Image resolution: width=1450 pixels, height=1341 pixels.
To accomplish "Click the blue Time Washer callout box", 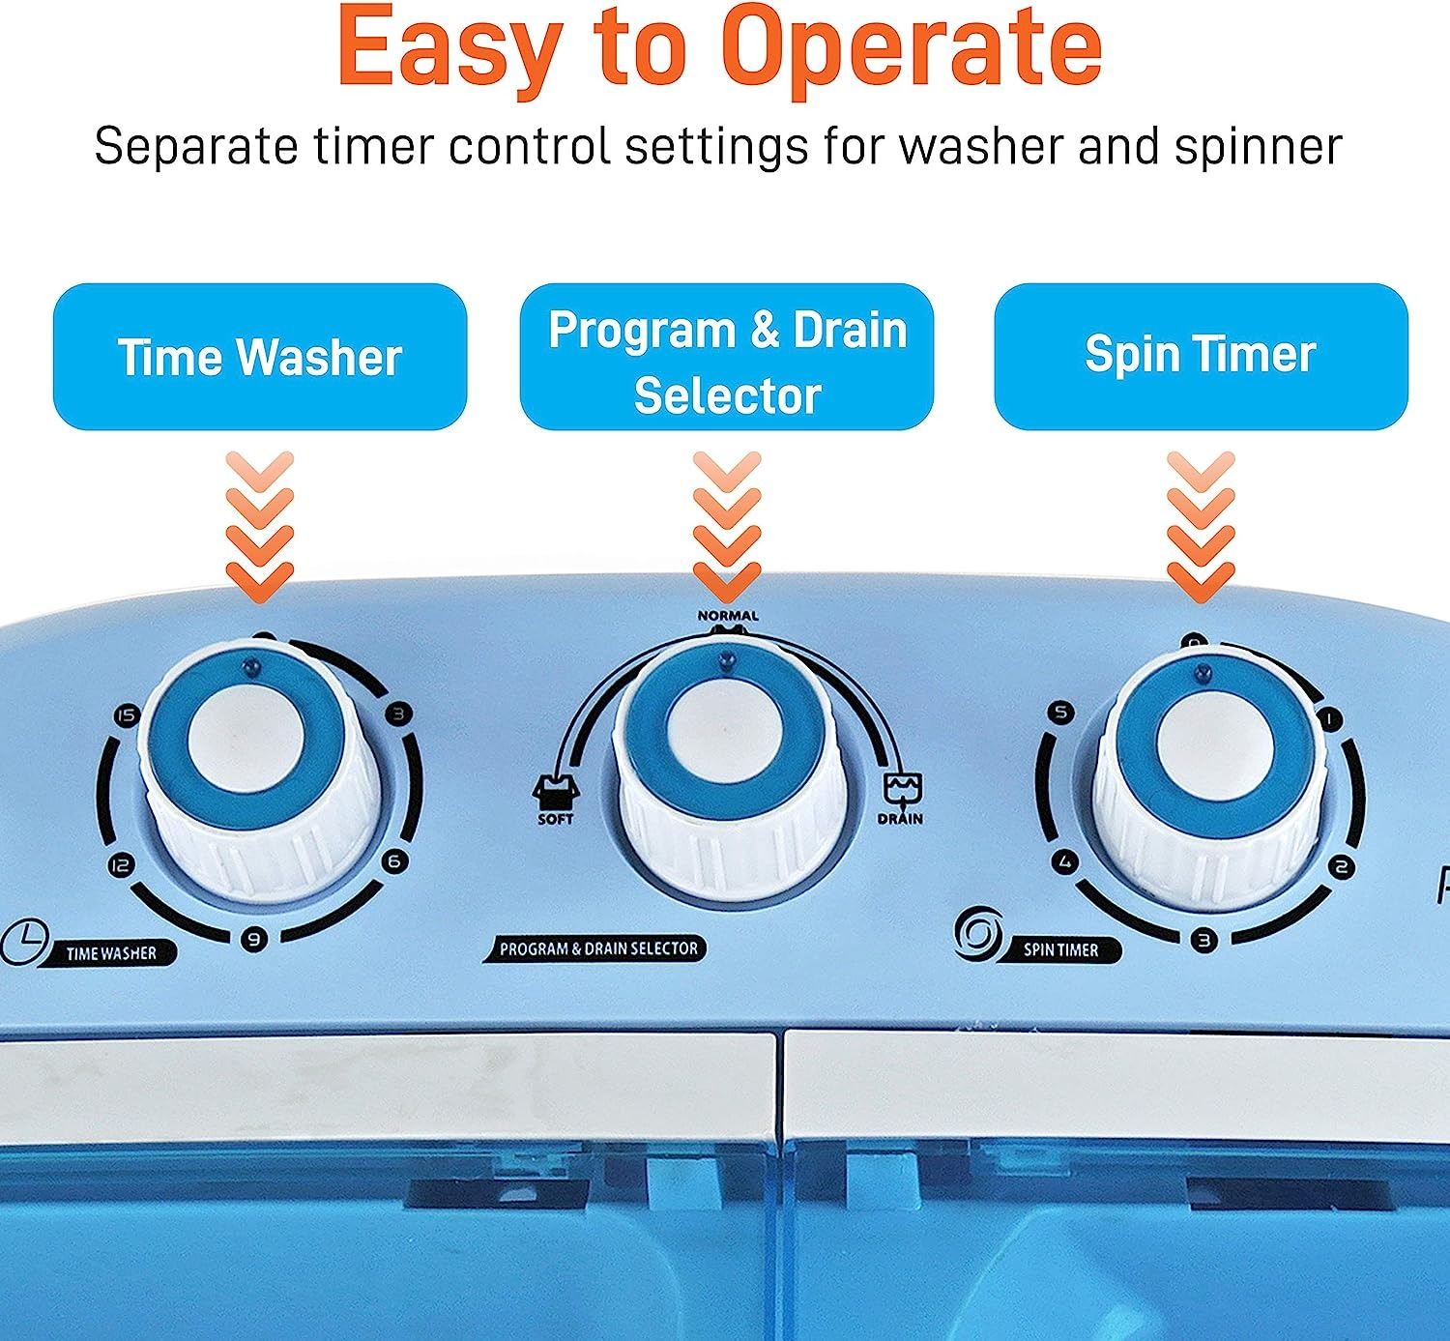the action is [x=260, y=357].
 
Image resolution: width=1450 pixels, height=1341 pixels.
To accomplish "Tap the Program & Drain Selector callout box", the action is [x=727, y=357].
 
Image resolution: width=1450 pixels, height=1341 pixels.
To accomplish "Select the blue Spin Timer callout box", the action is [x=1201, y=357].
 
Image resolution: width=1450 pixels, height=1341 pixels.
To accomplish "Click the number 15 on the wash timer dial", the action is [x=127, y=715].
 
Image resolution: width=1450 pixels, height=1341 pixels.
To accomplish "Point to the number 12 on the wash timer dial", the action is [x=121, y=865].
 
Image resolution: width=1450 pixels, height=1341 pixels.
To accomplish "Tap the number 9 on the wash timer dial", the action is [x=254, y=940].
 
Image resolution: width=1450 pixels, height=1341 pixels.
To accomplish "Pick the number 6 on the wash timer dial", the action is [x=394, y=861].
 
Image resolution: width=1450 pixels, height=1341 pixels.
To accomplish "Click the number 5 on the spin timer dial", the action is [x=1061, y=713].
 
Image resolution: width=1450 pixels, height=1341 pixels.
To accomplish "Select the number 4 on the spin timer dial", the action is [x=1065, y=862].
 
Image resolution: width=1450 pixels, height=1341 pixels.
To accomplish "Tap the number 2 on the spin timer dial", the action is [x=1341, y=867].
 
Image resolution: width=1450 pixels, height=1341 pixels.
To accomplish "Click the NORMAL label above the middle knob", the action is [x=728, y=616].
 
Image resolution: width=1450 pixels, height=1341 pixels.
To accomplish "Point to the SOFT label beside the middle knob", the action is [x=556, y=820].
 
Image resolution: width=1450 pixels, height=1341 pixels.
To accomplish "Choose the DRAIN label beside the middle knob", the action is [x=900, y=820].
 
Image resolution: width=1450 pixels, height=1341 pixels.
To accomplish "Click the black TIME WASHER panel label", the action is [x=112, y=953].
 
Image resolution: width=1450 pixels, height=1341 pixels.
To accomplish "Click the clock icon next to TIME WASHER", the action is [x=25, y=943].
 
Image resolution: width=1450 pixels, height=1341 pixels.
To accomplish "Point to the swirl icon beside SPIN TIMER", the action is [x=978, y=933].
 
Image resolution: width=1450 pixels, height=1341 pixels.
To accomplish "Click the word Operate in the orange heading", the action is [x=915, y=48].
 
